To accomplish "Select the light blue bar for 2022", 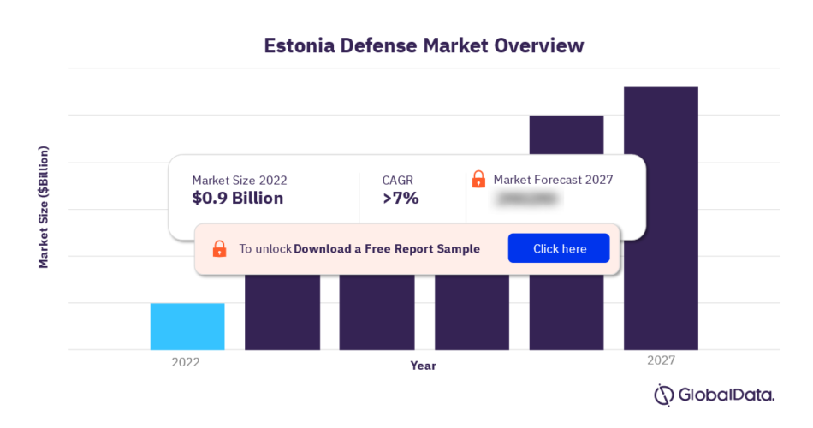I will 187,326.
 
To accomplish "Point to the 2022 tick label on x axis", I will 185,362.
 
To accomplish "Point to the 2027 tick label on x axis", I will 661,361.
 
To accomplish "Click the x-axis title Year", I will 423,366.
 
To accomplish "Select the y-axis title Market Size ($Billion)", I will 44,207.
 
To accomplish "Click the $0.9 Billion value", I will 237,199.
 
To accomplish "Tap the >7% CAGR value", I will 401,199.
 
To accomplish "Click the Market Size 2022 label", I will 239,180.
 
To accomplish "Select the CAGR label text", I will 397,180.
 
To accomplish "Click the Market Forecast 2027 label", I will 553,180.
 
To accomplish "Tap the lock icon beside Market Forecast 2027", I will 478,180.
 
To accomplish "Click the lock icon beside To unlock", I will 219,249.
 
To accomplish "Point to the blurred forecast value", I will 527,199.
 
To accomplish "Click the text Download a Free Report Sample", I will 386,249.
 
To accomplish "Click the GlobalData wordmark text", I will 727,395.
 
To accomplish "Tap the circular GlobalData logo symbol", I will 665,395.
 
